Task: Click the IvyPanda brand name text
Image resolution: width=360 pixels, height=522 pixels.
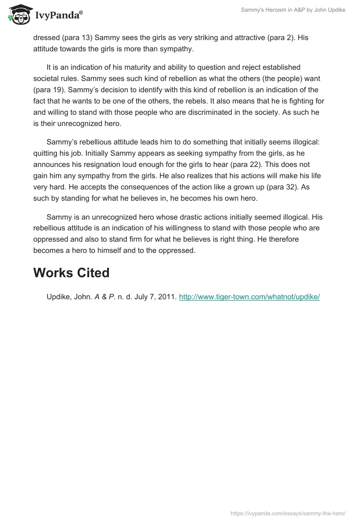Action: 58,15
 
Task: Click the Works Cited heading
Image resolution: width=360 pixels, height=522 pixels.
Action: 71,273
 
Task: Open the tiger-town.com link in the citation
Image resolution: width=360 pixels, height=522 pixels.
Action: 249,297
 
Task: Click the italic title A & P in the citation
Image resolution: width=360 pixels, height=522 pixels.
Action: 103,297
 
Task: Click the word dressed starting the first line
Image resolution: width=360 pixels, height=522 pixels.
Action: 47,38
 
